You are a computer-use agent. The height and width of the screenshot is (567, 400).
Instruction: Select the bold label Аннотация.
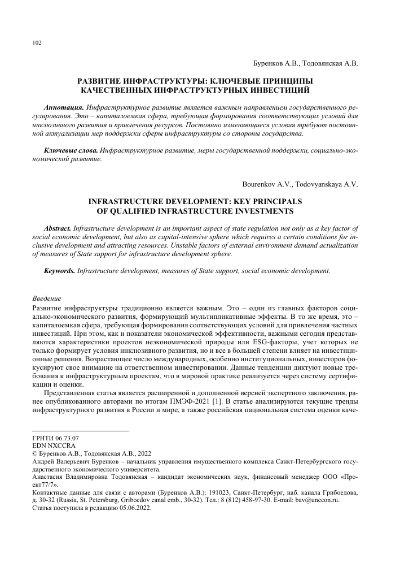[64, 107]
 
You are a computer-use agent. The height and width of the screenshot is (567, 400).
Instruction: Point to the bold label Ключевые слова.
[71, 151]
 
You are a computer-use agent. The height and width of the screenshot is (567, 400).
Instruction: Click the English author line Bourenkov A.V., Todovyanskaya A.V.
[300, 184]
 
